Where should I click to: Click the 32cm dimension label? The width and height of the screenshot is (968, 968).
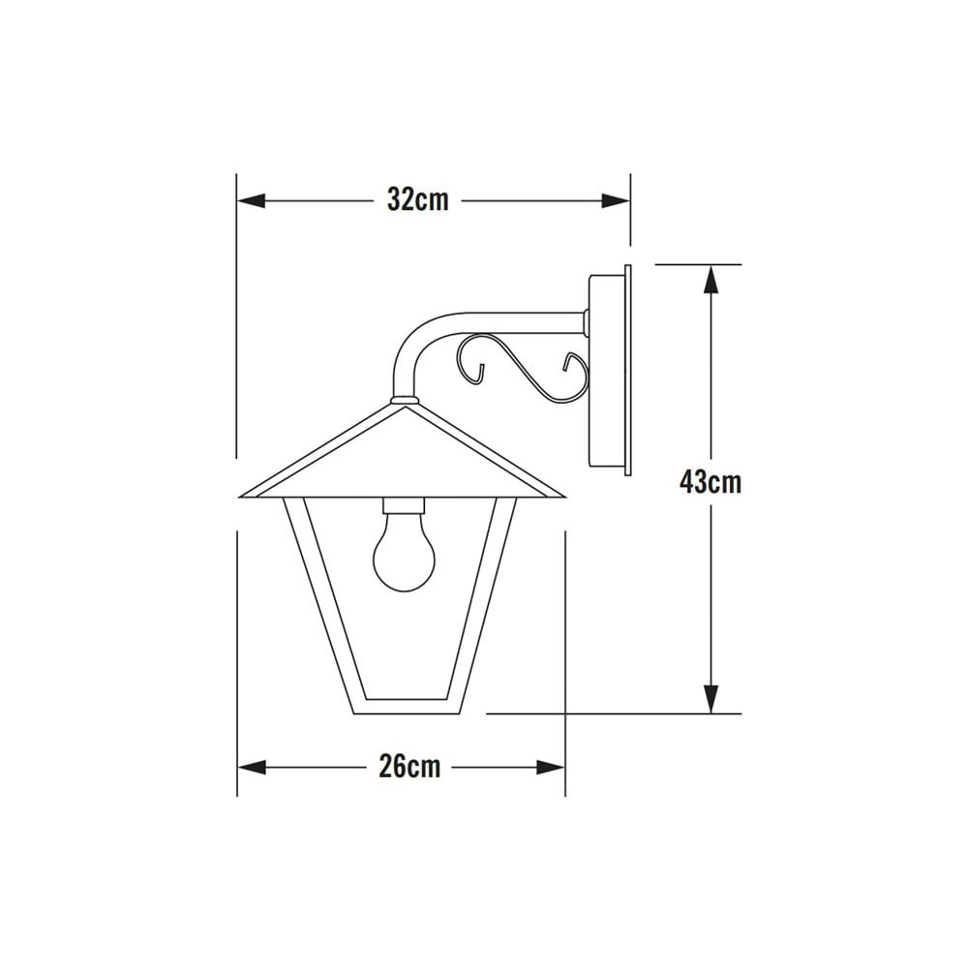[x=417, y=200]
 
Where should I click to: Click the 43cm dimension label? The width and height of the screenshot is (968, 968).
[x=710, y=481]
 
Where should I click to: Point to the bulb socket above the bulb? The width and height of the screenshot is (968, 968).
[x=404, y=505]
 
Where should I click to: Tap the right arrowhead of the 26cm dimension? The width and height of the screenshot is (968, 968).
[x=551, y=767]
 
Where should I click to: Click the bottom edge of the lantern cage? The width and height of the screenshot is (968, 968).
[x=404, y=709]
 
